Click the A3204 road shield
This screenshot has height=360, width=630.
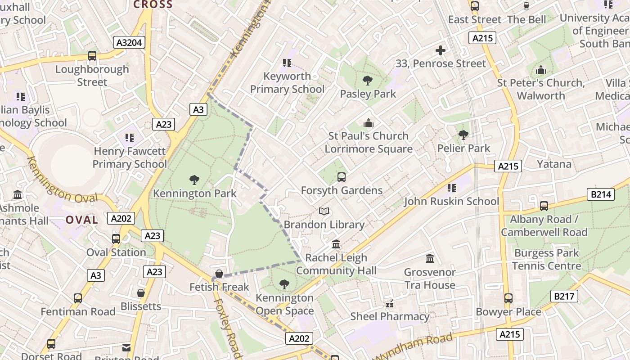tap(129, 43)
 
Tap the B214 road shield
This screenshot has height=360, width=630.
tap(601, 194)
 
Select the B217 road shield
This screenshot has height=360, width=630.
tap(564, 296)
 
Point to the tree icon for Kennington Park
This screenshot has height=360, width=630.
tap(194, 180)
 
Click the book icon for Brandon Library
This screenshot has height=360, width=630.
tap(324, 211)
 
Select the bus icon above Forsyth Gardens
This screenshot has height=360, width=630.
tap(342, 177)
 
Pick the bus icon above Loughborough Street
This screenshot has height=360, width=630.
tap(92, 56)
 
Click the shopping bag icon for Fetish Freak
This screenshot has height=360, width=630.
tap(219, 274)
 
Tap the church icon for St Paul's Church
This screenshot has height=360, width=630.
tap(369, 122)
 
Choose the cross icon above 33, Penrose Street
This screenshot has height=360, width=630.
tap(441, 50)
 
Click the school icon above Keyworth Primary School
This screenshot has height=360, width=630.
tap(287, 63)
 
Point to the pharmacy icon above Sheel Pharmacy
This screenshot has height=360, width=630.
tap(390, 304)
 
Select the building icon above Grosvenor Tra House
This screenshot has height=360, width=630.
tap(430, 259)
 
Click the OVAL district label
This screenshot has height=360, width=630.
tap(82, 220)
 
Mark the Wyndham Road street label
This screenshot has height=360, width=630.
tap(414, 347)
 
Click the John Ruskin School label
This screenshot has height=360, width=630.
tap(451, 201)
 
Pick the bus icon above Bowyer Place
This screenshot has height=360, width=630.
tap(508, 298)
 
